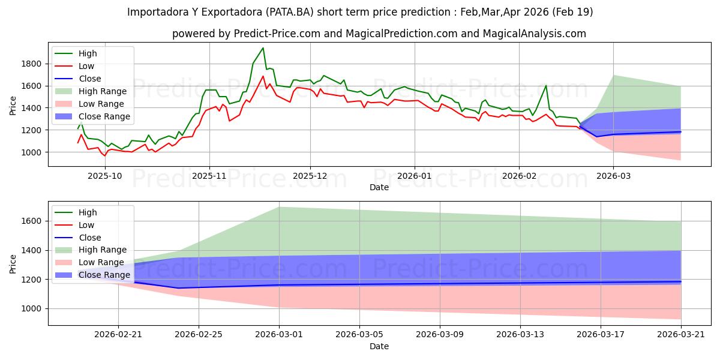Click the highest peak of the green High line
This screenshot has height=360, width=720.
(263, 48)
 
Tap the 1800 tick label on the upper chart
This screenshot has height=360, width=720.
(31, 64)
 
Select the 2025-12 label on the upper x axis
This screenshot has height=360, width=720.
(310, 176)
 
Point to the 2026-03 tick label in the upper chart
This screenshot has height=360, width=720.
(613, 176)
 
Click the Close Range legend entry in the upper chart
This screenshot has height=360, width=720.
(92, 116)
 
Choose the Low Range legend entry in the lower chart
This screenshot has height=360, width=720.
(89, 262)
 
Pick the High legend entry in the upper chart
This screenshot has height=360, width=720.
(76, 53)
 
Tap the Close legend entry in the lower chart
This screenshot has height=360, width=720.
(78, 238)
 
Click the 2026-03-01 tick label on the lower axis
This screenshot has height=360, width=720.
(279, 335)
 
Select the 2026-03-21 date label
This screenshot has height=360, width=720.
(681, 335)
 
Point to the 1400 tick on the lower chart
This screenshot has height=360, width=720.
(31, 250)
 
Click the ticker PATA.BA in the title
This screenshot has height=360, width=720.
(289, 12)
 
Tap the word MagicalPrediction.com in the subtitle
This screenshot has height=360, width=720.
(401, 34)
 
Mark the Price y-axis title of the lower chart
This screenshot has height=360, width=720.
(13, 264)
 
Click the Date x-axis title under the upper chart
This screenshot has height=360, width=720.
(379, 187)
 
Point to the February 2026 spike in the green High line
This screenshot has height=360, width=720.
(546, 85)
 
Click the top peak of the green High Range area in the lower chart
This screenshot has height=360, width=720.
(279, 207)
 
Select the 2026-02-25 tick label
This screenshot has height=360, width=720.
(199, 335)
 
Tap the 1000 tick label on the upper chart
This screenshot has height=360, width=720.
(31, 152)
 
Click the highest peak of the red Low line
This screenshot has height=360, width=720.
(263, 76)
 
